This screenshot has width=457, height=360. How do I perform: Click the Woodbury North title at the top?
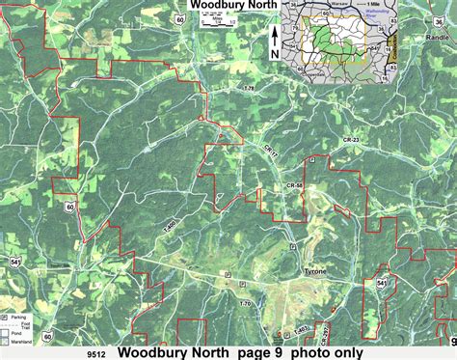(234, 7)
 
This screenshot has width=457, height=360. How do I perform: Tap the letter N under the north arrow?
(274, 56)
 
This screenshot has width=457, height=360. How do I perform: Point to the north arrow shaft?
(274, 37)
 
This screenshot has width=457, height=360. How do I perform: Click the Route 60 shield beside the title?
(182, 20)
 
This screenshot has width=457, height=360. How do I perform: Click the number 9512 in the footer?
(94, 353)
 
